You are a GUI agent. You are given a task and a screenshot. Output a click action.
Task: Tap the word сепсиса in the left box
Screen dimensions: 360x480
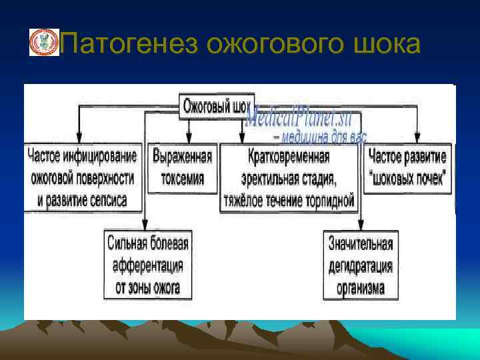104,199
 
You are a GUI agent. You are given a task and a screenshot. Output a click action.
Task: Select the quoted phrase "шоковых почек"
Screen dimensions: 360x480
408,178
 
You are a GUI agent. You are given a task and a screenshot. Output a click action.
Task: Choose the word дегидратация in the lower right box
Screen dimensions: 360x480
361,266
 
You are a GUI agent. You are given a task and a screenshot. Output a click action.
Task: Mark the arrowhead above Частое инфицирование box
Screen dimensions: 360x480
80,138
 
